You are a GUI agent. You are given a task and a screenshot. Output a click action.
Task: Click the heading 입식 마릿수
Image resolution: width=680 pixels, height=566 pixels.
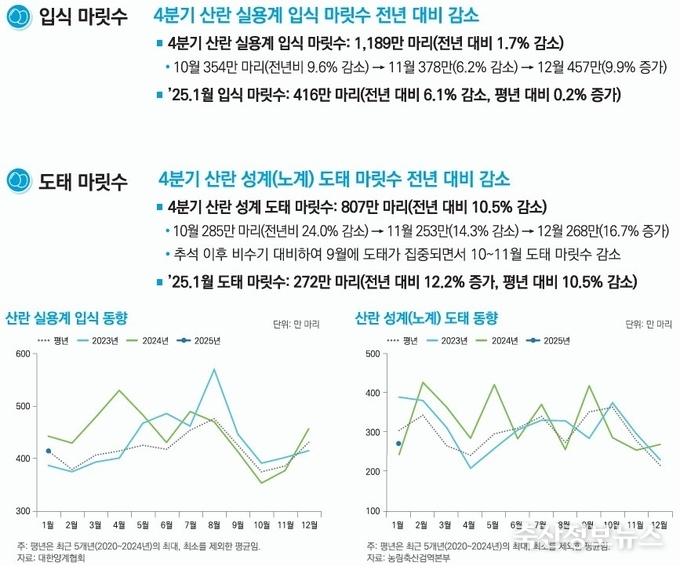83,17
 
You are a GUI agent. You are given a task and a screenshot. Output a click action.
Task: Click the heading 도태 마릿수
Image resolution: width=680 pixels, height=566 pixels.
83,181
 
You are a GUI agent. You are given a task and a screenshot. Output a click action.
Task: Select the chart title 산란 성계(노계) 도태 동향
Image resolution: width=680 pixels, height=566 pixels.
426,319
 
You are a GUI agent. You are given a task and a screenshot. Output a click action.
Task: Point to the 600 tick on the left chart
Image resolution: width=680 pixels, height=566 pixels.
20,355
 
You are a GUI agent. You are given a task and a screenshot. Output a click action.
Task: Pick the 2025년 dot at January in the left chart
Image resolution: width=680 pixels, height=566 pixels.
49,451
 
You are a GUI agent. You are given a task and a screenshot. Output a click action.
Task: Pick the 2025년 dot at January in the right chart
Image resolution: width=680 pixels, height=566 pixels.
398,443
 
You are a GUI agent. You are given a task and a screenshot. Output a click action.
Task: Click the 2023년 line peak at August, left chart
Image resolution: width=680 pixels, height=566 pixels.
214,370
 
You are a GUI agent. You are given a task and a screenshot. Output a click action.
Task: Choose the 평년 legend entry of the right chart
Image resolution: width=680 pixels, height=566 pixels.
402,341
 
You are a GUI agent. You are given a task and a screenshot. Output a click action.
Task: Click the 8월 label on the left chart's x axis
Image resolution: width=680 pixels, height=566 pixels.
213,525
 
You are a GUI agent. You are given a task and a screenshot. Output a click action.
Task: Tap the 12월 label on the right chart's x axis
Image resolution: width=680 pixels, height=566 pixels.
658,525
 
